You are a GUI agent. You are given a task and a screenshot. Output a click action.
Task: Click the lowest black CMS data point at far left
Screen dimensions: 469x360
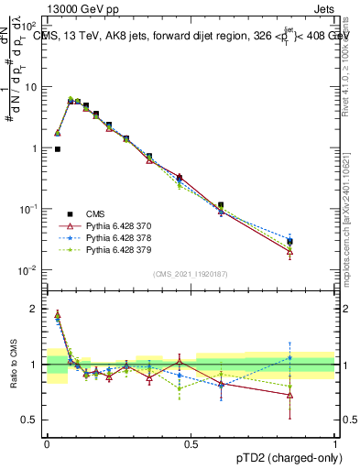click(x=58, y=148)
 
